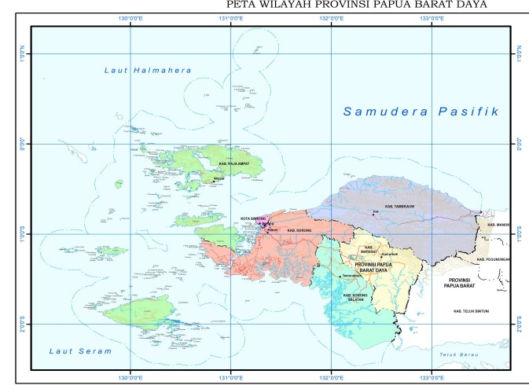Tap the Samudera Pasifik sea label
421,112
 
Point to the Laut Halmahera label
148,71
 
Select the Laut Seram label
79,350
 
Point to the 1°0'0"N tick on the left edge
23,53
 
